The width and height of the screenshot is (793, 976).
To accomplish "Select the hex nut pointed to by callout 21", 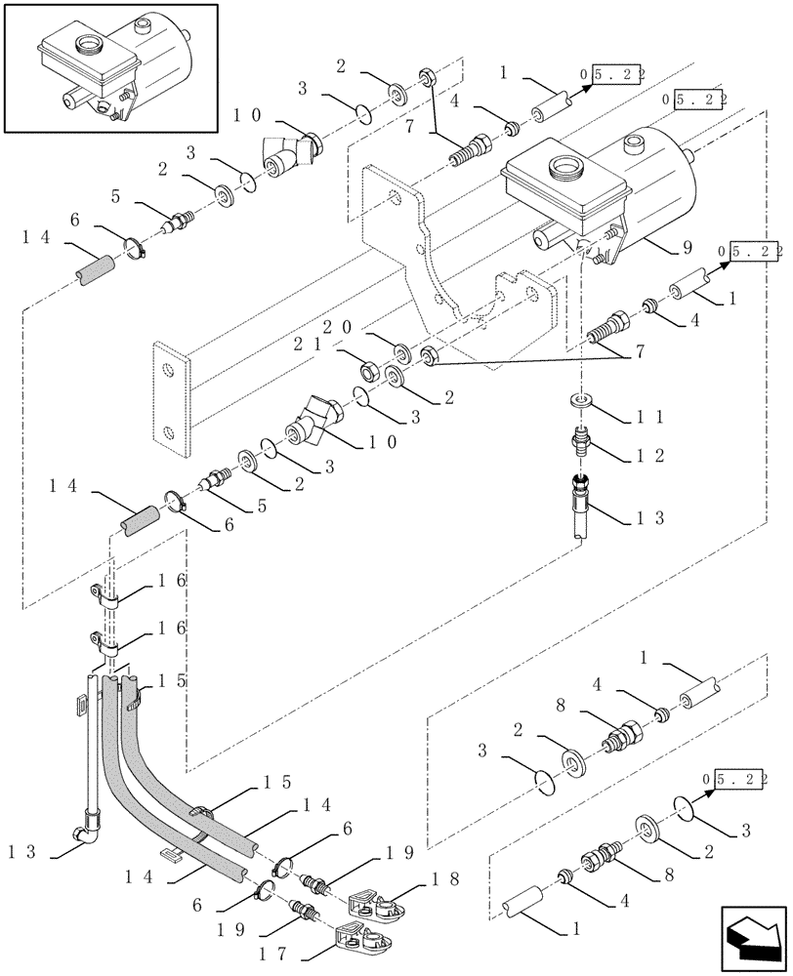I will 372,371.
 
